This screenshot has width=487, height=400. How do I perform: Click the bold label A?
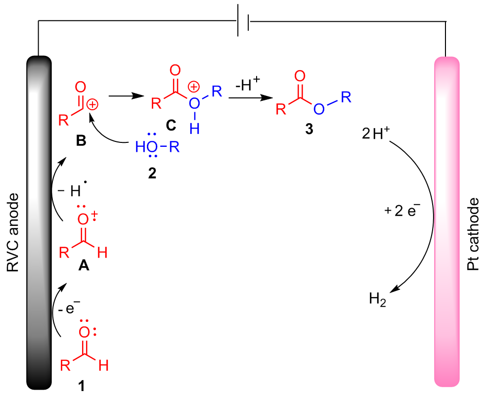[84, 267]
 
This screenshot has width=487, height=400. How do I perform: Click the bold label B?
[81, 141]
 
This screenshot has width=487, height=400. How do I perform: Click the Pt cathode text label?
[473, 235]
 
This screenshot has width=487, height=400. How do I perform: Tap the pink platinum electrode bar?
[447, 222]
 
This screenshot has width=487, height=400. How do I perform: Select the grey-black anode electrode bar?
[39, 222]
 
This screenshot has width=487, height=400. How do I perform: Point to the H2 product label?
[377, 299]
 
